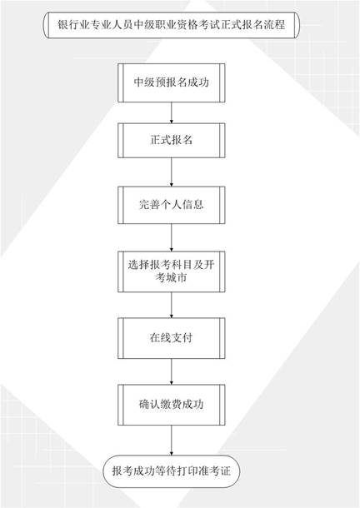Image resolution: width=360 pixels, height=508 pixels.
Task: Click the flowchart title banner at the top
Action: click(x=171, y=25)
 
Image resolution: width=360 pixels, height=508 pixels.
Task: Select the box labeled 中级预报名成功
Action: click(x=171, y=82)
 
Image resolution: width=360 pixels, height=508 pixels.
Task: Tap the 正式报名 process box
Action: click(x=171, y=140)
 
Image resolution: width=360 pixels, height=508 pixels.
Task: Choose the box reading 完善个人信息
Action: click(x=171, y=205)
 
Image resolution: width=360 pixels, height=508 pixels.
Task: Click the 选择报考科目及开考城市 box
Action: click(x=171, y=271)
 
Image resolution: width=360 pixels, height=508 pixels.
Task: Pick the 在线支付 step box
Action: click(x=171, y=338)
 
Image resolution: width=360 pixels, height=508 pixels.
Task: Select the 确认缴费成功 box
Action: click(x=171, y=405)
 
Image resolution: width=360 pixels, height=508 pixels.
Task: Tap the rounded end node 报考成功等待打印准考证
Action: click(x=171, y=471)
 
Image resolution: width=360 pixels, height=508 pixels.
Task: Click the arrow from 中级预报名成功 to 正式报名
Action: click(x=171, y=112)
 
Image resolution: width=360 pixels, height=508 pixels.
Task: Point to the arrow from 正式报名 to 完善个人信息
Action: click(x=171, y=172)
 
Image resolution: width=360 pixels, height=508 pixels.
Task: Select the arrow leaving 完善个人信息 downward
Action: click(x=171, y=237)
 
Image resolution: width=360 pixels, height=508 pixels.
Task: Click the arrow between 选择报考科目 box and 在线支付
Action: click(x=171, y=305)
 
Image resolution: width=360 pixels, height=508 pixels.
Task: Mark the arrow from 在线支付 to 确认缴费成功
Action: click(x=171, y=371)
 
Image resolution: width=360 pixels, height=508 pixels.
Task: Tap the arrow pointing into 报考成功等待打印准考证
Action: click(x=171, y=441)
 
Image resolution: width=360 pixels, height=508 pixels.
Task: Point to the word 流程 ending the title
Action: click(x=274, y=25)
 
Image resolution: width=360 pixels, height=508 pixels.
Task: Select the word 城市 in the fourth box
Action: click(x=177, y=278)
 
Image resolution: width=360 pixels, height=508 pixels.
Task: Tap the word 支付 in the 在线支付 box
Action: click(x=182, y=338)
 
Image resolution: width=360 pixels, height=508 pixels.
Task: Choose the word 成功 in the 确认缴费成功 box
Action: click(x=192, y=405)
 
